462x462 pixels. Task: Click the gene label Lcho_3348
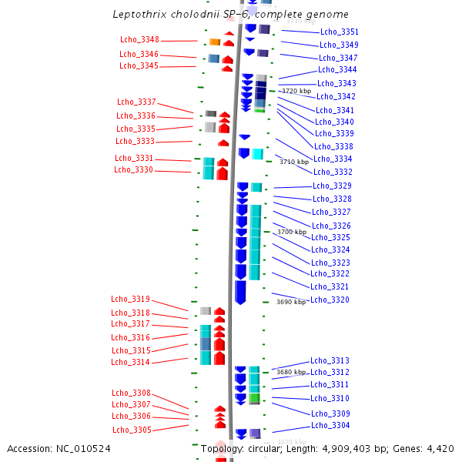click(x=139, y=40)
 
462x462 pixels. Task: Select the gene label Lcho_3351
click(x=339, y=32)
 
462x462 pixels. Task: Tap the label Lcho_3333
click(x=135, y=142)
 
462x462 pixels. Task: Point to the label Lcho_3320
click(x=330, y=300)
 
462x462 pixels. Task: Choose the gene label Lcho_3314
click(x=130, y=363)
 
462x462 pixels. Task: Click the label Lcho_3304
click(x=330, y=426)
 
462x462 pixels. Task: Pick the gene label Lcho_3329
click(x=332, y=186)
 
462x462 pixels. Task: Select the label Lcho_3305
click(x=132, y=430)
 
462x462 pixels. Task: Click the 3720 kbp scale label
click(x=296, y=91)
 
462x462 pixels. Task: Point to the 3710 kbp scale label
click(x=293, y=162)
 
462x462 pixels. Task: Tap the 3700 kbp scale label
click(x=292, y=232)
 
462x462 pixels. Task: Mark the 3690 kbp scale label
click(x=291, y=303)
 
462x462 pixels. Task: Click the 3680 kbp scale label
click(x=291, y=372)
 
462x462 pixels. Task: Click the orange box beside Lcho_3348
click(x=215, y=42)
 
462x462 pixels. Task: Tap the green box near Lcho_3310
click(x=254, y=398)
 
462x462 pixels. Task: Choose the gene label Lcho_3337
click(x=136, y=102)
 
